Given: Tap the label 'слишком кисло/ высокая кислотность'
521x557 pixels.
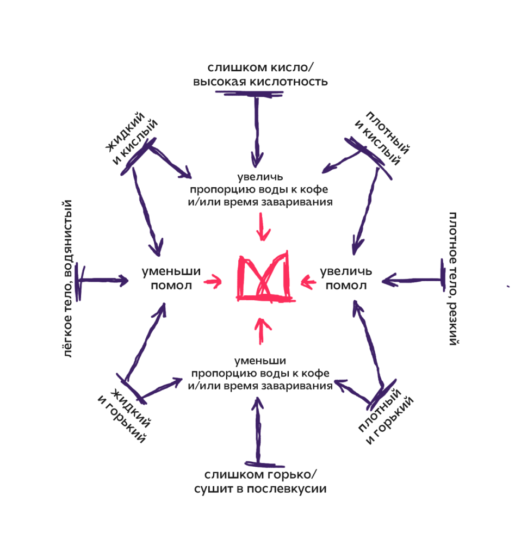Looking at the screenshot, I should pos(260,75).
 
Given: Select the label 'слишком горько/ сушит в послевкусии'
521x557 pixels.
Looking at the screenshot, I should pos(260,481).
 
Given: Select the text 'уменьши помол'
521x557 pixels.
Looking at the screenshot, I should pos(171,278).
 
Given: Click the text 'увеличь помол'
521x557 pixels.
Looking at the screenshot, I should pos(346,278).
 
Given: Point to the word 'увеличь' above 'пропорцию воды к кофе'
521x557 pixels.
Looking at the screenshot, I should pos(260,177).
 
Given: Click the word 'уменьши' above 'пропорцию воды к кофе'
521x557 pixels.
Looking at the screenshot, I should pos(260,361).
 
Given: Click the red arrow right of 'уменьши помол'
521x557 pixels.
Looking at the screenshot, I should pos(213,281).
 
